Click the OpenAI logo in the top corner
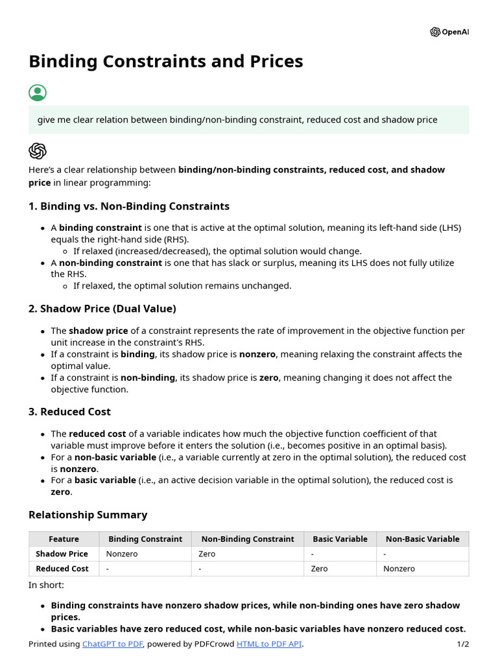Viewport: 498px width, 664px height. click(x=449, y=32)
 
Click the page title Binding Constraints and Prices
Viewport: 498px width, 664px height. click(x=165, y=61)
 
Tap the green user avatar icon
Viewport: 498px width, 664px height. click(x=38, y=93)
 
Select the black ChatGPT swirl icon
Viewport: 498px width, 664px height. click(x=38, y=151)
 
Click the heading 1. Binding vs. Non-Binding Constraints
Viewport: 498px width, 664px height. click(x=129, y=206)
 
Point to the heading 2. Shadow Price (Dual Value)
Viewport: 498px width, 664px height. click(x=102, y=309)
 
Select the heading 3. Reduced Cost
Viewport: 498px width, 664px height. click(x=69, y=412)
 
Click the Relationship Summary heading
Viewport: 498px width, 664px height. click(x=88, y=515)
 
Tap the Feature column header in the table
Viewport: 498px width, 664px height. click(x=64, y=539)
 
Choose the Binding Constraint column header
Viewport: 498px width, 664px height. click(x=145, y=539)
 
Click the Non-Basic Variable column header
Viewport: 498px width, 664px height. click(x=422, y=539)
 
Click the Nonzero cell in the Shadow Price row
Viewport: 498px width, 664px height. click(x=122, y=554)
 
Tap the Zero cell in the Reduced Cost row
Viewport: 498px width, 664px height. click(x=319, y=569)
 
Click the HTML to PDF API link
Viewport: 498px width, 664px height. click(x=269, y=644)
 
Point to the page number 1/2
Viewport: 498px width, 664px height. click(x=462, y=644)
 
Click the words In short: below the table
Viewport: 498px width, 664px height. click(x=46, y=585)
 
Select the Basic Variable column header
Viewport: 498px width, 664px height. click(x=340, y=539)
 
